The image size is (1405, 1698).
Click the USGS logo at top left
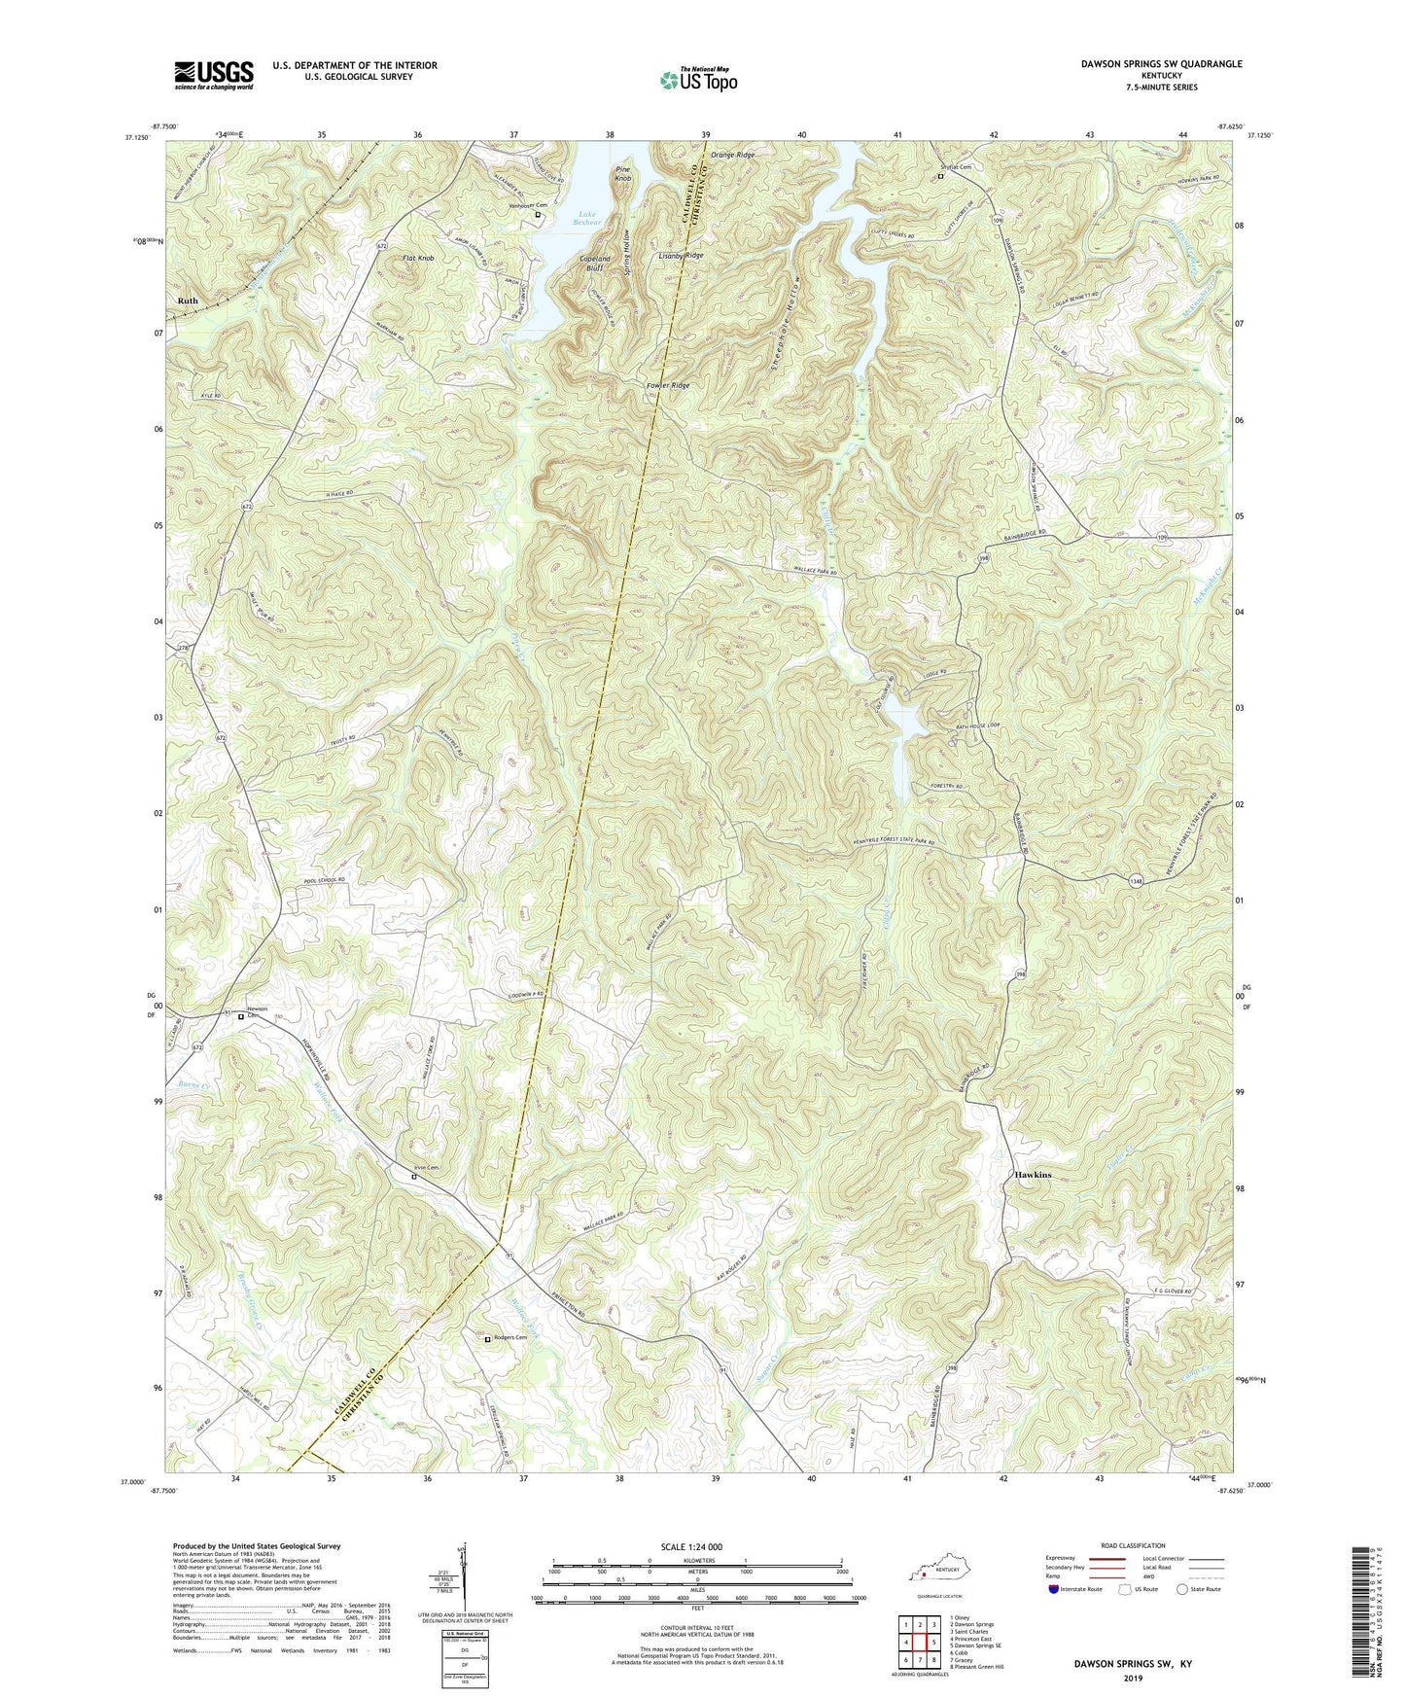tap(214, 75)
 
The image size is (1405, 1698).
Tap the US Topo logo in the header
tap(698, 79)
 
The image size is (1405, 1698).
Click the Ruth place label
tap(188, 301)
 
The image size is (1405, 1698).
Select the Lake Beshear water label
tap(586, 218)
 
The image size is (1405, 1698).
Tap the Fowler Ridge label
tap(668, 385)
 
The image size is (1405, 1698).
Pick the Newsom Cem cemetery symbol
tap(241, 1017)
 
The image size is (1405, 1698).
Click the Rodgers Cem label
tap(510, 1337)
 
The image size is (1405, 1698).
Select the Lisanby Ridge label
tap(681, 255)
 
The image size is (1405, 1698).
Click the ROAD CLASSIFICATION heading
tap(1133, 1545)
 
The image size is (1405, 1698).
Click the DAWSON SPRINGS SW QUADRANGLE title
tap(1161, 64)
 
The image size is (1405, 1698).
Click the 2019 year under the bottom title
tap(1133, 1678)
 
